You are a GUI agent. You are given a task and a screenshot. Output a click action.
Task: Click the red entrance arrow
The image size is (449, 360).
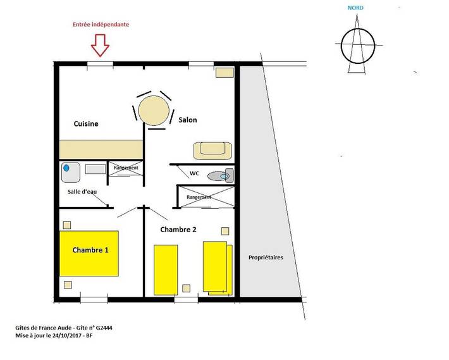tap(100, 46)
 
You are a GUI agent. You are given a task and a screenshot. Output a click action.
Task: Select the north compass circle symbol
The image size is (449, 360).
tap(358, 46)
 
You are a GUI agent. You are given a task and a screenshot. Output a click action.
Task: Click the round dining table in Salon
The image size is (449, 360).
tap(155, 111)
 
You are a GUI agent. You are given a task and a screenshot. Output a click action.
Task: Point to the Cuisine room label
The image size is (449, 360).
tap(86, 123)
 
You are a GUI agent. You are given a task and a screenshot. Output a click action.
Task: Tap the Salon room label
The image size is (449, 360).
tap(188, 120)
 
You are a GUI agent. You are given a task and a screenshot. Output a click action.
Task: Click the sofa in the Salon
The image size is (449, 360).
tap(214, 151)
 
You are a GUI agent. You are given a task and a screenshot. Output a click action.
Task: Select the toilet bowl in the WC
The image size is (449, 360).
tap(218, 177)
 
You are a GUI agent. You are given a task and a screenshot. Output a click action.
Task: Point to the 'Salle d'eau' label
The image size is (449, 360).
tap(83, 192)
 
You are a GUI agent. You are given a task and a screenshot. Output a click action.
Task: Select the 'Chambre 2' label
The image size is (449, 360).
tap(178, 229)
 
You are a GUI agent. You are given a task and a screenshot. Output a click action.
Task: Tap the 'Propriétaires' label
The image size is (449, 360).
tap(266, 258)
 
